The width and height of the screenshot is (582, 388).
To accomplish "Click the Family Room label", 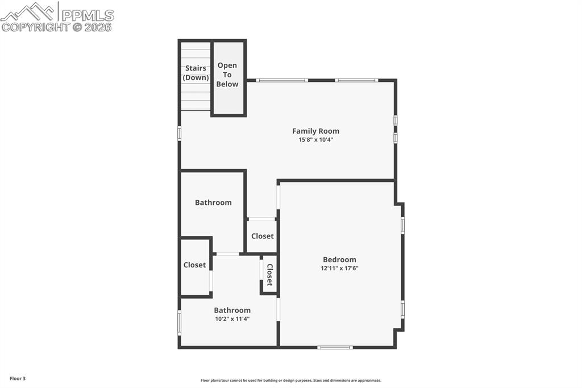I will [315, 131].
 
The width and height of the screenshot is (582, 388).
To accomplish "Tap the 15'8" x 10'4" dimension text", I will [315, 139].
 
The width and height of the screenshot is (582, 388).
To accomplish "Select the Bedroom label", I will [339, 259].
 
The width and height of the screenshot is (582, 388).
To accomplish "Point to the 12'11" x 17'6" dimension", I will [339, 268].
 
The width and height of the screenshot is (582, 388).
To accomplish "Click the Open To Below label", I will [227, 75].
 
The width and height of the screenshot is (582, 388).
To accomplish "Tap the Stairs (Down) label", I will [196, 73].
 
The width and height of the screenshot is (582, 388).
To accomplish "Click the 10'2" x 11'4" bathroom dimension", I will [232, 319].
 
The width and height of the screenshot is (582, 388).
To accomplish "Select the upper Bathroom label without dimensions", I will [213, 202].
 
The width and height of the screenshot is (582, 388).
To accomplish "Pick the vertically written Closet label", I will [270, 275].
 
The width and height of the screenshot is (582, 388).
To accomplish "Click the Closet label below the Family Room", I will [262, 236].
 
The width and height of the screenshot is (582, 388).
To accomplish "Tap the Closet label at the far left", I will [194, 265].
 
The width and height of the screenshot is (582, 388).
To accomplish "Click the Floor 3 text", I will [18, 378].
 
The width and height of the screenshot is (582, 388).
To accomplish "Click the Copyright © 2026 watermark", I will [56, 27].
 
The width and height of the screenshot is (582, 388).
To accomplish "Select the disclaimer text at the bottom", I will [290, 381].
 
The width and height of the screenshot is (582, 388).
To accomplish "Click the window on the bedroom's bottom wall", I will [335, 347].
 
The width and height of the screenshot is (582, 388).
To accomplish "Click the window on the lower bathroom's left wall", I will [180, 323].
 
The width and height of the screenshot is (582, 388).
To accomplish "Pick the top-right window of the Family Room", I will [356, 80].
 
